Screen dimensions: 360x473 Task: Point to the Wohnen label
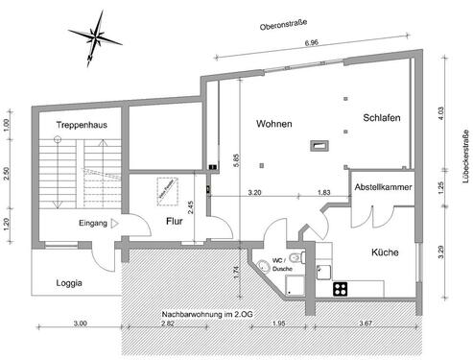tap(273, 125)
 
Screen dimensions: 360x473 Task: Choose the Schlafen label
tap(382, 117)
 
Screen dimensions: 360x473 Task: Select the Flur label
tap(174, 222)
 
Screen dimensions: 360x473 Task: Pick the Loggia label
tap(68, 283)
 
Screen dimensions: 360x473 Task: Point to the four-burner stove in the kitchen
tap(341, 287)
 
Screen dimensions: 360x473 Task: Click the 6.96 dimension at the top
tap(312, 43)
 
